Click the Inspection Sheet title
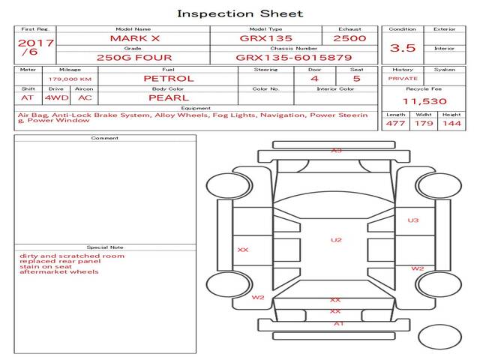coord(240,13)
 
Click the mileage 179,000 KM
coord(70,79)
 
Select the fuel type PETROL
coord(168,78)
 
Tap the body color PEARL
coord(168,97)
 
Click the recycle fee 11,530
coord(424,100)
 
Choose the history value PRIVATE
coord(403,78)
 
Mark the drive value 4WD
coord(54,97)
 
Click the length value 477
coord(394,123)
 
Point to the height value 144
coord(451,123)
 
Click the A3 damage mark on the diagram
coord(337,151)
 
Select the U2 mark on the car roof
coord(336,240)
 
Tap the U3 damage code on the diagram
coord(413,220)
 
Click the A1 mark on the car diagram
coord(338,324)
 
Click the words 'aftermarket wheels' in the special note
coord(59,271)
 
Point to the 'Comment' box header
coord(105,139)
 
